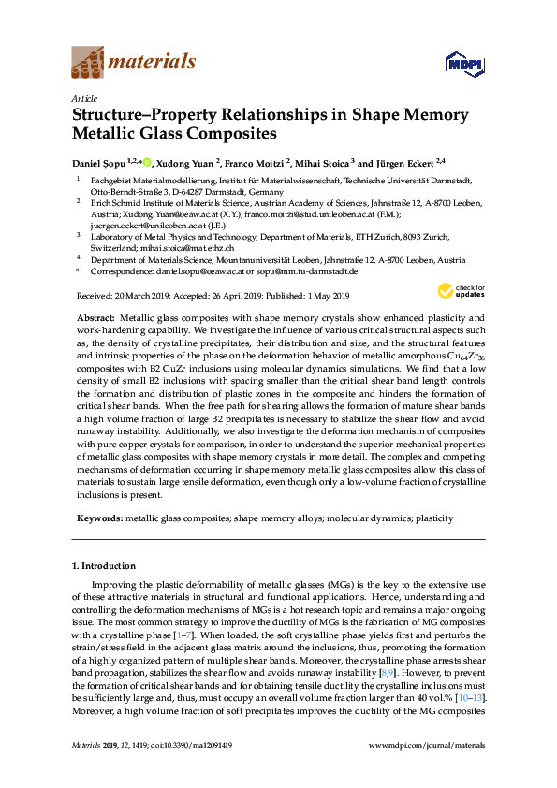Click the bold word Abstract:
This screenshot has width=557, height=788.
(96, 319)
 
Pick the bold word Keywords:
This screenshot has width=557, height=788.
(98, 516)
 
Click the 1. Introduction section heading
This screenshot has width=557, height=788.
(104, 566)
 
